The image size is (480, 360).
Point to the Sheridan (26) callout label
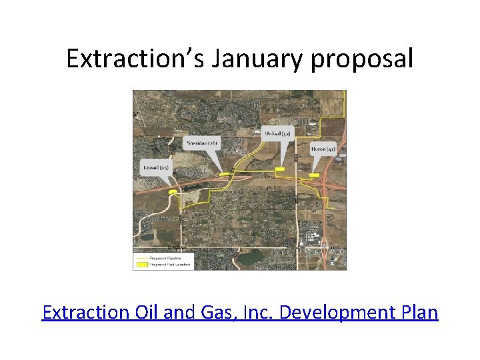coord(203,143)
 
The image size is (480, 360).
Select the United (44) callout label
coord(277,134)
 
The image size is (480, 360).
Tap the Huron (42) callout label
coord(323,149)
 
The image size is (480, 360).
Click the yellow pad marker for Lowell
coord(173,192)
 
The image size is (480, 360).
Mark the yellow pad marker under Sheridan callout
coord(225,175)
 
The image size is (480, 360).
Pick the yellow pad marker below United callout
coord(279,169)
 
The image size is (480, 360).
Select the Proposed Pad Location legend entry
coord(170,264)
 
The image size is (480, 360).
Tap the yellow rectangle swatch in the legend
coord(141,264)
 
